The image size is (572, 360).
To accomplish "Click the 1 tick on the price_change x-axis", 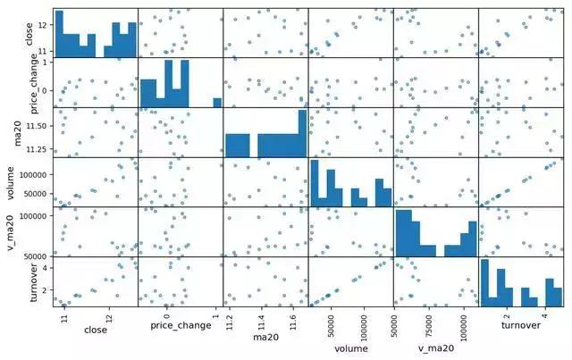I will pos(215,315).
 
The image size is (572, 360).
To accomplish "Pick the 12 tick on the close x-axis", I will pos(109,315).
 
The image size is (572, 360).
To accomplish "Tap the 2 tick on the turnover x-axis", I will pos(507,315).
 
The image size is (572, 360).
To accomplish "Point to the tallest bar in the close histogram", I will pos(58,33).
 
